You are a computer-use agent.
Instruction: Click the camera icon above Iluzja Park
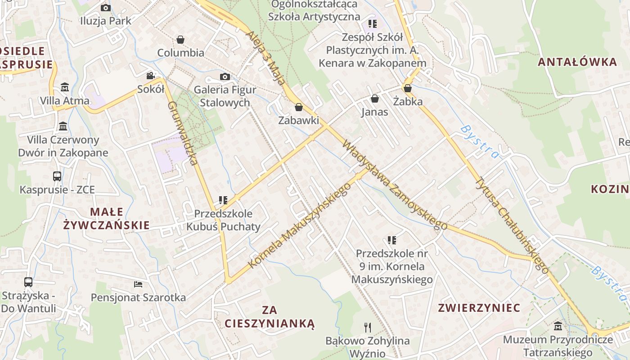coord(106,8)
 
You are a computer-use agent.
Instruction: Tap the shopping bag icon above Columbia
coord(180,40)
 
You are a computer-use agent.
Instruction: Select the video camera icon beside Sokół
coord(150,76)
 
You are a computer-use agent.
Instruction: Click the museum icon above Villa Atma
coord(65,86)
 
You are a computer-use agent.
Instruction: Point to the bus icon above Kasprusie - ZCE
coord(57,176)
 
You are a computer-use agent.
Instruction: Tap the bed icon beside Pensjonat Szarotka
coord(138,284)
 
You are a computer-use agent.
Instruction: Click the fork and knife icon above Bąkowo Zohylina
coord(368,327)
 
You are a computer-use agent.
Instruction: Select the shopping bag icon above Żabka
coord(408,88)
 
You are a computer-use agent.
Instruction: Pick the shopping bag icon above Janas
coord(374,99)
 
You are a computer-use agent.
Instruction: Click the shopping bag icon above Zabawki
coord(298,107)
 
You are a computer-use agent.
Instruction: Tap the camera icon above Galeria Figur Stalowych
coord(225,76)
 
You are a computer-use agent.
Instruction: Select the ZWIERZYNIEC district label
coord(479,308)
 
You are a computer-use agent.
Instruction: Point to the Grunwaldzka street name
coord(183,133)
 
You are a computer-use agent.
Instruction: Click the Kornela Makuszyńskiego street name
coord(299,226)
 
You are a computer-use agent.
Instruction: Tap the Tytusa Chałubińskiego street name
coord(512,225)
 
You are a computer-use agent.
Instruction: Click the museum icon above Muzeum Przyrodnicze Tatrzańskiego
coord(558,326)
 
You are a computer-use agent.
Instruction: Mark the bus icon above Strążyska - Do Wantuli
coord(28,282)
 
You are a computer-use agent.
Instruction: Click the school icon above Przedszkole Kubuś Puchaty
coord(223,200)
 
